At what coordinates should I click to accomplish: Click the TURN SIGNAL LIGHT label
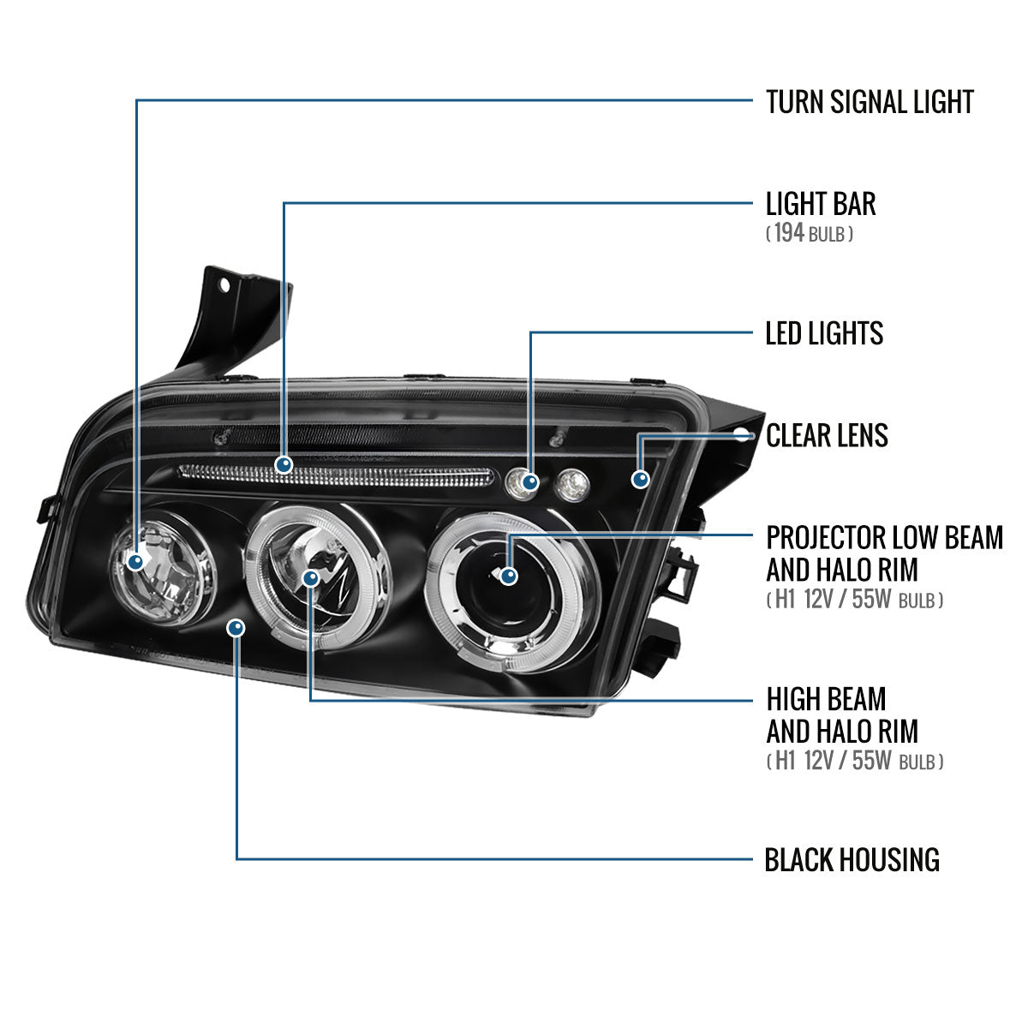tap(869, 102)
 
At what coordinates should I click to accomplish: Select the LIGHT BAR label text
tap(820, 204)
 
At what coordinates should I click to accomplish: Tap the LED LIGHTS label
tap(823, 333)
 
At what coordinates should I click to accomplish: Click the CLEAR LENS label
tap(826, 435)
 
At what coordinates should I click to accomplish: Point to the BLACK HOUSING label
tap(852, 859)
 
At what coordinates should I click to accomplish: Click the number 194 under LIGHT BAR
tap(789, 233)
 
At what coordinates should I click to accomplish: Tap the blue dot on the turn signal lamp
tap(135, 562)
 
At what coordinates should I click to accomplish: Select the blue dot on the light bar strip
tap(284, 465)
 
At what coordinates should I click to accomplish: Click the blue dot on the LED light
tap(530, 483)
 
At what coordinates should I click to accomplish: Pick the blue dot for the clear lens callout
tap(640, 479)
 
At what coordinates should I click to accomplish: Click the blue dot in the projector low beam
tap(509, 576)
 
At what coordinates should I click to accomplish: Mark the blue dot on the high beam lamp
tap(310, 578)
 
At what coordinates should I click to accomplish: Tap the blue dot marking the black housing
tap(236, 628)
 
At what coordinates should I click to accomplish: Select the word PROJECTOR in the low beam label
tap(826, 538)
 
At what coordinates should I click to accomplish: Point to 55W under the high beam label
tap(872, 760)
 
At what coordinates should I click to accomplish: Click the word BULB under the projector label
tap(917, 600)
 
